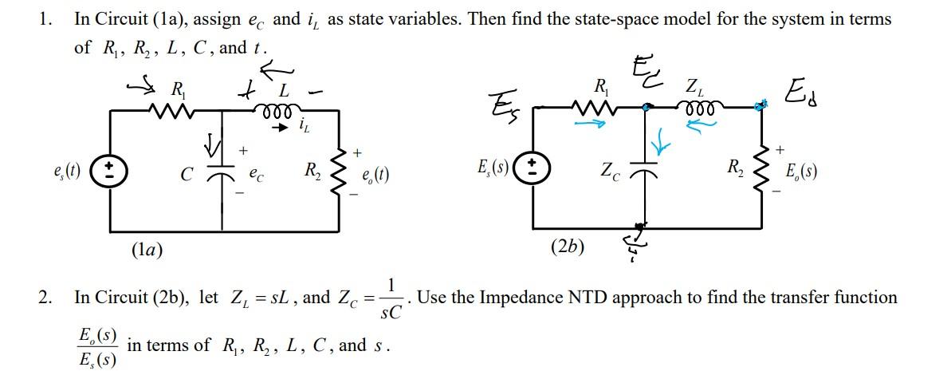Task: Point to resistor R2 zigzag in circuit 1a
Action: click(338, 170)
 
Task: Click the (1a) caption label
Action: click(147, 250)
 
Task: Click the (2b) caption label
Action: click(567, 246)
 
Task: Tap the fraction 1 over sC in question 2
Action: click(391, 298)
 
